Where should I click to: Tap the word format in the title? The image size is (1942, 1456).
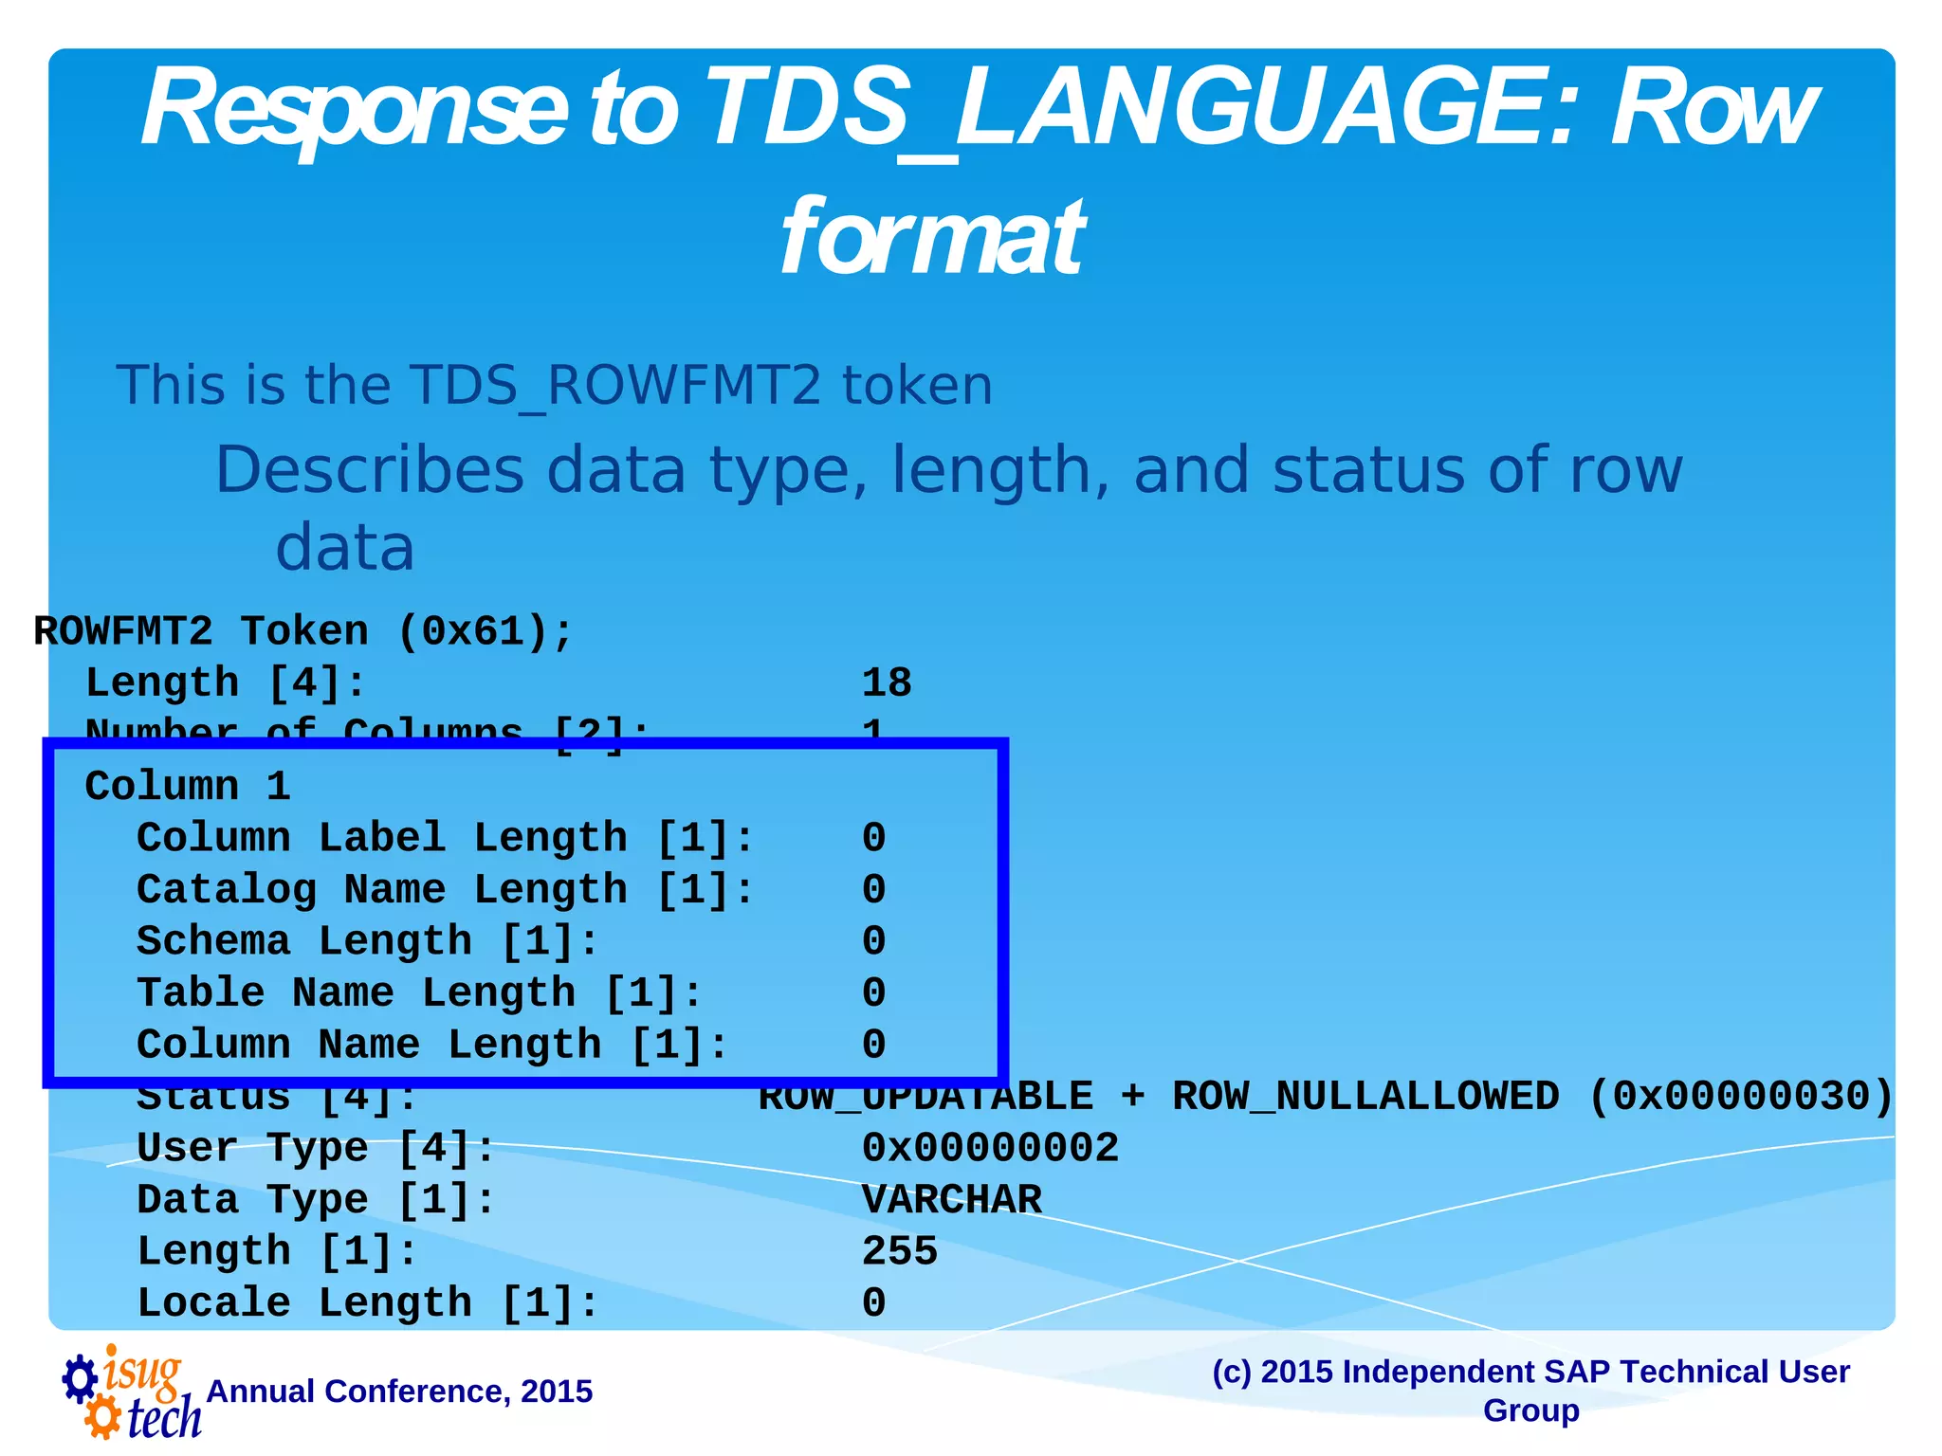pos(930,237)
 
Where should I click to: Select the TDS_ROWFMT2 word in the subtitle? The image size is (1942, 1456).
pos(615,386)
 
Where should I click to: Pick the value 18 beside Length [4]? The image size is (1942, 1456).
pos(886,683)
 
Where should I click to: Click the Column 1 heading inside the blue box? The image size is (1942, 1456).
pos(188,787)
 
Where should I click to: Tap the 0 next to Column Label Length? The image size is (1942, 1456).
pos(873,838)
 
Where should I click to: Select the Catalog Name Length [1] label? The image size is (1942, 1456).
pos(445,890)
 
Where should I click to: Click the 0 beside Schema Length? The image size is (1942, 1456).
pos(873,941)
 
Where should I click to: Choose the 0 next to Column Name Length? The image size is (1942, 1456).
pos(873,1045)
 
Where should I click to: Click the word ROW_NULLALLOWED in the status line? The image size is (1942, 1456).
pos(1365,1097)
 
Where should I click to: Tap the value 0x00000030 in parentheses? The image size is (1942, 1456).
pos(1740,1097)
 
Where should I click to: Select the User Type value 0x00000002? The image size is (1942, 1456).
pos(990,1148)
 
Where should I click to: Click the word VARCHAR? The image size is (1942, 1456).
pos(951,1200)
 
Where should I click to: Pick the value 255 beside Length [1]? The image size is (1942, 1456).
pos(899,1251)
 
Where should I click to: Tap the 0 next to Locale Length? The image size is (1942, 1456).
pos(873,1303)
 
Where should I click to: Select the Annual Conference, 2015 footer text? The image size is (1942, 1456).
pos(399,1392)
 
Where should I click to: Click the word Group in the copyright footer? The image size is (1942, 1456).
pos(1530,1410)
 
